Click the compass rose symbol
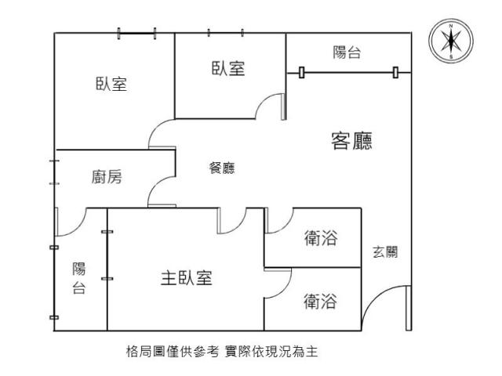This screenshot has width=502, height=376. pos(451,41)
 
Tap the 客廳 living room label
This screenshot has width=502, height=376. pos(351,141)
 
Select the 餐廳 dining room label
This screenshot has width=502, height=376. pos(222,168)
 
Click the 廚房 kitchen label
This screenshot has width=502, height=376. pos(107,176)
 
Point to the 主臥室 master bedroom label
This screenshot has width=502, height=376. pos(186,277)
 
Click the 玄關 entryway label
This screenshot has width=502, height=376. pos(385,252)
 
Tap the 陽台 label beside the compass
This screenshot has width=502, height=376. pos(347,52)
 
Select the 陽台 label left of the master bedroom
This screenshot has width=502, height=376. pos(78,278)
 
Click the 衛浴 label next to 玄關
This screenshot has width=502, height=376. pos(321,238)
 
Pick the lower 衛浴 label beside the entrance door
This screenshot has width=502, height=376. pos(320,301)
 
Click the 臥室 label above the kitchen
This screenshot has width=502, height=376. pos(111,84)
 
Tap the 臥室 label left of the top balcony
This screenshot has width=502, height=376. pos(228,68)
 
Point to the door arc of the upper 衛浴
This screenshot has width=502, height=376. pos(286,226)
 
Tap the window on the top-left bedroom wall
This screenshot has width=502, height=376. pos(136,33)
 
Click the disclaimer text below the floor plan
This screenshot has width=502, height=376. pos(222,352)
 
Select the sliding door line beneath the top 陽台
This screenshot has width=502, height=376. pos(348,73)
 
